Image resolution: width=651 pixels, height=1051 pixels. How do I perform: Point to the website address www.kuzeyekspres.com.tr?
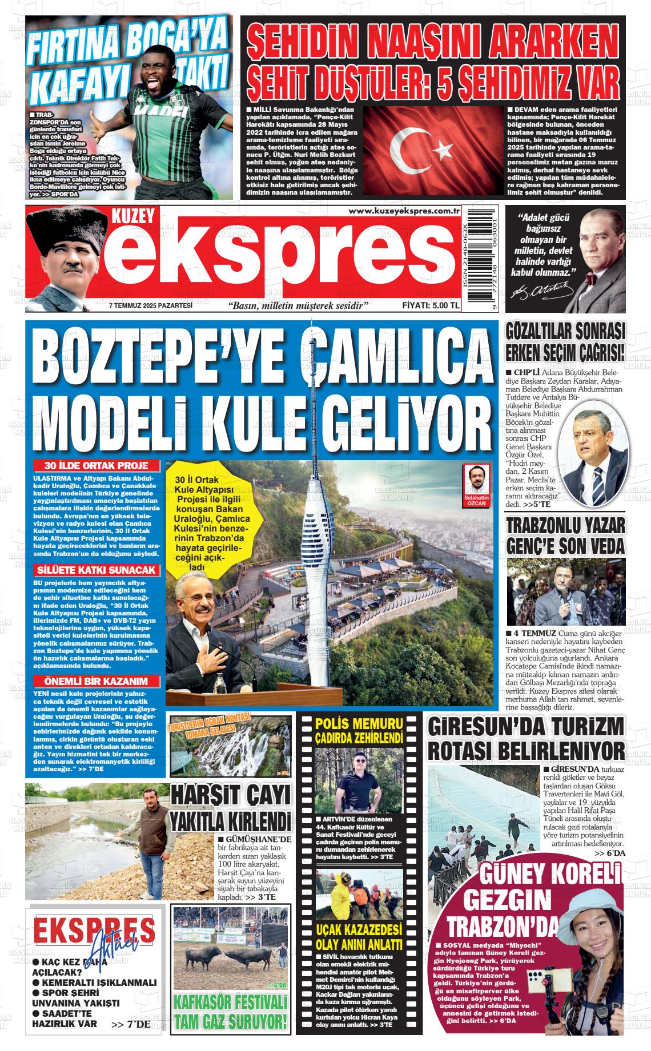(404, 211)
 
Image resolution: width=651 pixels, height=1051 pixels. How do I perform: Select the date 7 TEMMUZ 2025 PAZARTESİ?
(151, 305)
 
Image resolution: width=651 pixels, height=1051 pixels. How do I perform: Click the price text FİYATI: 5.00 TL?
(431, 305)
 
